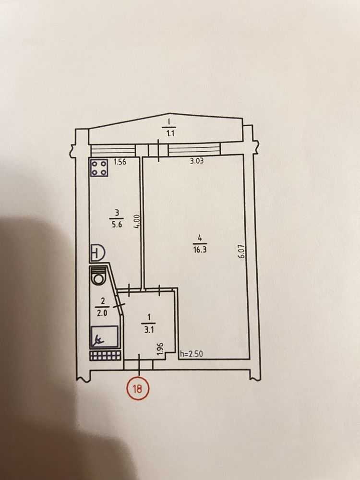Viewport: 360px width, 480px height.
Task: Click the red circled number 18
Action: tap(137, 389)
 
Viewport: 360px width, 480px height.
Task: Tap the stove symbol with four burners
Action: tap(99, 168)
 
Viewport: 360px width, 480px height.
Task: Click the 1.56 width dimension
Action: tap(120, 162)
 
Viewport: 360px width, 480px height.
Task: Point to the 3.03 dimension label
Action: tap(196, 161)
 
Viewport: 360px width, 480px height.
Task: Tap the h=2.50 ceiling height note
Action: tap(192, 354)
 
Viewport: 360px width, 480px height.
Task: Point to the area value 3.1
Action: tap(148, 330)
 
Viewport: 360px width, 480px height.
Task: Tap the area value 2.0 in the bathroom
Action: tap(102, 313)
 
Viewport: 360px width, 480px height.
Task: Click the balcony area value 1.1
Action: tap(170, 133)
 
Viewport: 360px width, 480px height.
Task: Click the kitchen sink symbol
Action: tap(97, 253)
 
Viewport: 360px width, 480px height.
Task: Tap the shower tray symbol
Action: tap(104, 337)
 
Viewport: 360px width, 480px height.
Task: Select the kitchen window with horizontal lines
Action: tap(114, 150)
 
